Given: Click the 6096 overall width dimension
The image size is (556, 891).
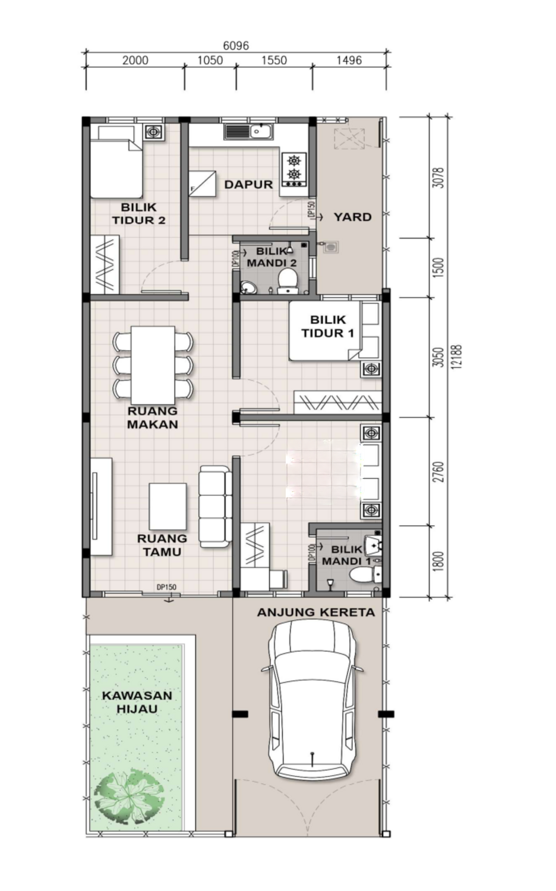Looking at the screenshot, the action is coord(236,45).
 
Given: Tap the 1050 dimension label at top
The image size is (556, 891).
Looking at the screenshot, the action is coord(210,60).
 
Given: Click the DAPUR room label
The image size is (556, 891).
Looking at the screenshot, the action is coord(248,184).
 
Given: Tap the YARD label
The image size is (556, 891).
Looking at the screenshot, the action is coord(352,217).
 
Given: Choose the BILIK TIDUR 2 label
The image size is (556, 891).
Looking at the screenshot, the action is coord(139,214).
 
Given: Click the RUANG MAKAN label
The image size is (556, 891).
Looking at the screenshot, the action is coord(153,418).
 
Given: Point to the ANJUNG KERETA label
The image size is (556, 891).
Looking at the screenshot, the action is coord(316,612).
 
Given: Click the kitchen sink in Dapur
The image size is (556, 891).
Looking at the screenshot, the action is coord(249,131).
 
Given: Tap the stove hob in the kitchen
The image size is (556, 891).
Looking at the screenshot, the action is coord(294,169).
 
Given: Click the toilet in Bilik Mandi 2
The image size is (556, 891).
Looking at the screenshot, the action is coord(288,281).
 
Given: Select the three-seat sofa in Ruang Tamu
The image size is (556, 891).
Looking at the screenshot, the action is coord(215,506).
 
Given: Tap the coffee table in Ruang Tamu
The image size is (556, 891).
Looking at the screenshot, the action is coord(168,506).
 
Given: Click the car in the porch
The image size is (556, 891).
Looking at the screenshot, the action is coord(312,700).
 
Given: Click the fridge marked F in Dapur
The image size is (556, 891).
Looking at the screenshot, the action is coord(203,184).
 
